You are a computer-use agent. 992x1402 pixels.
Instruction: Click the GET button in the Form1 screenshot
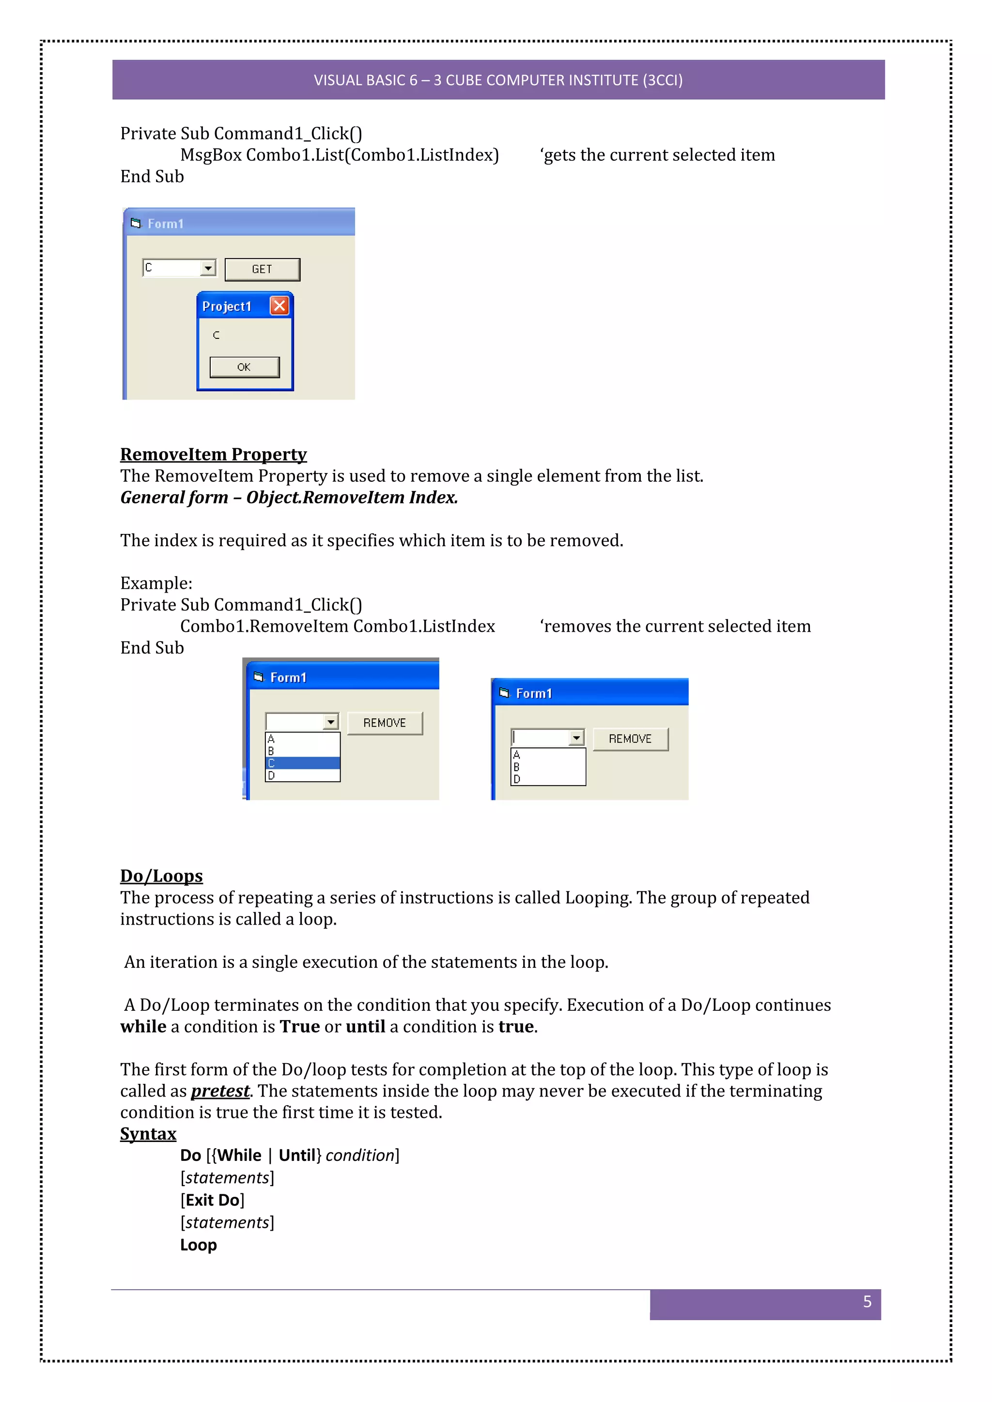tap(262, 269)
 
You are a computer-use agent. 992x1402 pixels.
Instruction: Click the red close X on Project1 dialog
tap(279, 305)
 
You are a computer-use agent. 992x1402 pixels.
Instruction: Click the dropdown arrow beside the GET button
tap(208, 268)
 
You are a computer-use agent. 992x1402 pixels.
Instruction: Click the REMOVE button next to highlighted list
tap(385, 723)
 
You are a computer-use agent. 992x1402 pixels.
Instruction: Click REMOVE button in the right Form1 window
tap(630, 739)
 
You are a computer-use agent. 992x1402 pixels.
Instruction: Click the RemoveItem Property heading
tap(213, 454)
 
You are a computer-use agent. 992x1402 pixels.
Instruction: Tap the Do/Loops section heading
tap(161, 876)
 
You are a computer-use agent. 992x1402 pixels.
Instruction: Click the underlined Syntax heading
tap(148, 1134)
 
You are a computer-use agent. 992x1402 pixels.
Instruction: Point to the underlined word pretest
tap(220, 1091)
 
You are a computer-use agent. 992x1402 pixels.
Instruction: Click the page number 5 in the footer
tap(867, 1301)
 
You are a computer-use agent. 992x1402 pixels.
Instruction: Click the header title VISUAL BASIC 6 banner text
tap(498, 80)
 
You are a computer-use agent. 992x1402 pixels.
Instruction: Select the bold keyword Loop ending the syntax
tap(198, 1245)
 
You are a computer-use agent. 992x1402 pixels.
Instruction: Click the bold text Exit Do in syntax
tap(212, 1201)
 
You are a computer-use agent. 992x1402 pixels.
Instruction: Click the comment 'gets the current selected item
tap(657, 155)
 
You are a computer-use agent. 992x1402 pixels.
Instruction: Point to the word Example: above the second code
tap(156, 583)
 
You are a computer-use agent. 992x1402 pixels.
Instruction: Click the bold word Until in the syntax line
tap(297, 1155)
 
